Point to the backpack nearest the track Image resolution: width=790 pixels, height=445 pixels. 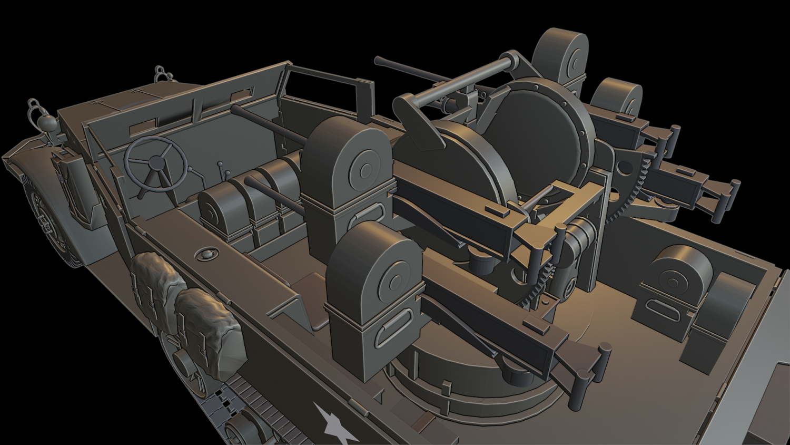point(211,332)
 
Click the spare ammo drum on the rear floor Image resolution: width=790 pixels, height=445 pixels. point(677,274)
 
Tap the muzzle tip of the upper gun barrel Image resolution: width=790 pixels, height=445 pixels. point(378,60)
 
